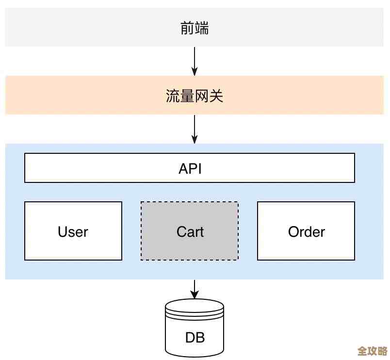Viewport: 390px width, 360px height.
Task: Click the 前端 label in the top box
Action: point(194,28)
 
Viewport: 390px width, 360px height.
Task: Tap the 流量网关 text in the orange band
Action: point(194,96)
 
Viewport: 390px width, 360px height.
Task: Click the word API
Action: point(190,168)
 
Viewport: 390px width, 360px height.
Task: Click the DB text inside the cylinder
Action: point(195,337)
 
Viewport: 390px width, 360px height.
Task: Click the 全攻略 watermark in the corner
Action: point(372,351)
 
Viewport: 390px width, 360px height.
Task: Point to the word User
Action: point(73,232)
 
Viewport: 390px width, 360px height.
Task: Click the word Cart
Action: point(190,232)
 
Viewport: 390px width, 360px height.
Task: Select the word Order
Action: point(306,232)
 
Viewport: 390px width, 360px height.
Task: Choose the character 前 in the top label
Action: point(187,28)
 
